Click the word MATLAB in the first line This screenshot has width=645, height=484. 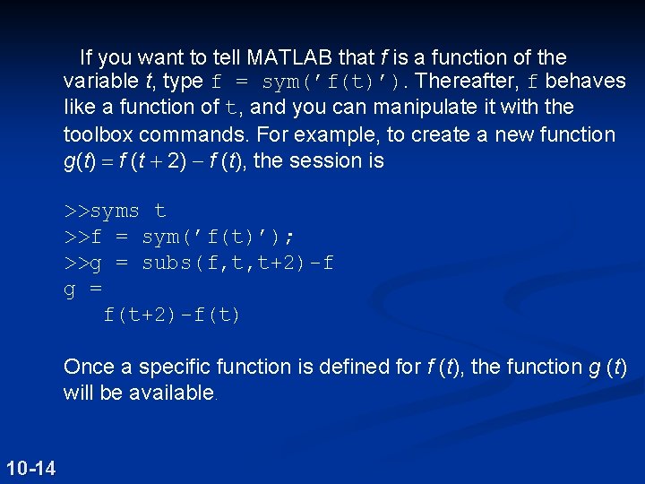coord(289,58)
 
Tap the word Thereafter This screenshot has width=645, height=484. coord(466,82)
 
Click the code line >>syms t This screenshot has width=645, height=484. coord(115,212)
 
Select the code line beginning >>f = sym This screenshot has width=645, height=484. coord(179,238)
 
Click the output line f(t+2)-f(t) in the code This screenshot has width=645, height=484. coord(172,315)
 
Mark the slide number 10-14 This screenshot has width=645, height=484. coord(30,467)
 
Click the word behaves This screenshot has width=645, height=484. coord(585,82)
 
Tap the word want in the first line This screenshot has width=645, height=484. coord(183,58)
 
